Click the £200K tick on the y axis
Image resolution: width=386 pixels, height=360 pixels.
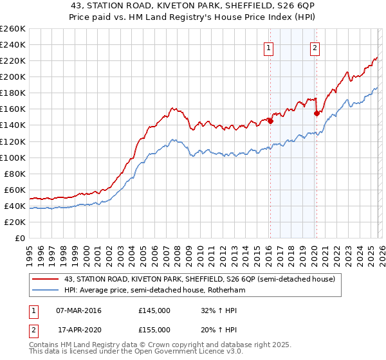13,76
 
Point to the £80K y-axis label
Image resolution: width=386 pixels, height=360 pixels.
15,174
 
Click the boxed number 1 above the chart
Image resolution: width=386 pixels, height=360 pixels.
267,47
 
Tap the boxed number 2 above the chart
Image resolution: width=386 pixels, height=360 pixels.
315,47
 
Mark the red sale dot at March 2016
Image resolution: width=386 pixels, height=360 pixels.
270,120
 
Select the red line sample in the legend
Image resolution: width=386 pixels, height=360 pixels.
46,279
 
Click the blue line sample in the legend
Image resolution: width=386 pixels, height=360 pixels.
46,291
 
